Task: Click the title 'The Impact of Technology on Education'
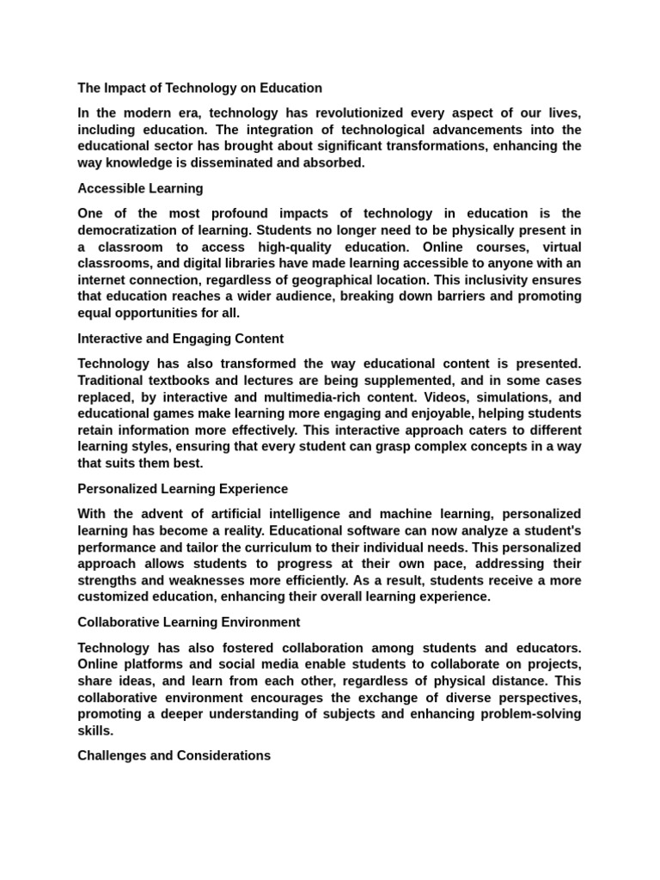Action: tap(199, 88)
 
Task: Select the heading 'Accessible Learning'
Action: tap(140, 188)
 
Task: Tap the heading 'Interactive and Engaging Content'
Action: tap(180, 339)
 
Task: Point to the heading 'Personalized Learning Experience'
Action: tap(182, 489)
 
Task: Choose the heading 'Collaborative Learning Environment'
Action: tap(188, 621)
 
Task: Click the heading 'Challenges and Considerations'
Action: tap(174, 755)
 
